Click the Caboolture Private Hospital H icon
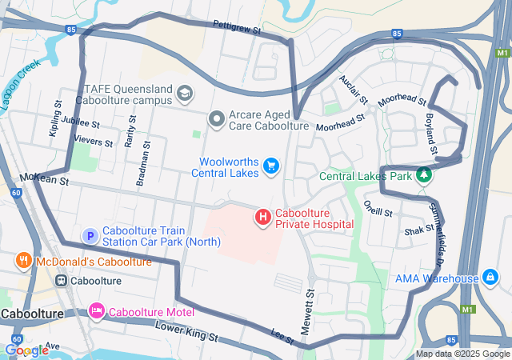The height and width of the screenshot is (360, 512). (x=262, y=217)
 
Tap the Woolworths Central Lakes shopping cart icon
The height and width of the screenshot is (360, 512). (x=271, y=166)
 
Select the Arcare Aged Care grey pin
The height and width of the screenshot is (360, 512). (x=216, y=119)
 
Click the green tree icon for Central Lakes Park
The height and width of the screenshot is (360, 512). (x=424, y=175)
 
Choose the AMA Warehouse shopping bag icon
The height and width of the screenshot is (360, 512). (x=490, y=278)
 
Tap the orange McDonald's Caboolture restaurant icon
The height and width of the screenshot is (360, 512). (x=24, y=262)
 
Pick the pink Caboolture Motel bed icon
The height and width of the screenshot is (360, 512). (x=97, y=310)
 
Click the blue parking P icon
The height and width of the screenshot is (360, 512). (x=90, y=236)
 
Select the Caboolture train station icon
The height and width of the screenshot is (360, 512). (x=61, y=281)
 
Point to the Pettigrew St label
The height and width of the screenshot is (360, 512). (x=238, y=26)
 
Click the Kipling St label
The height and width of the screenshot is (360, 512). (x=55, y=118)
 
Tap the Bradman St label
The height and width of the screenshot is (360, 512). (x=144, y=165)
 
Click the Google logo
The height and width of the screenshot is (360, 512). (x=26, y=350)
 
